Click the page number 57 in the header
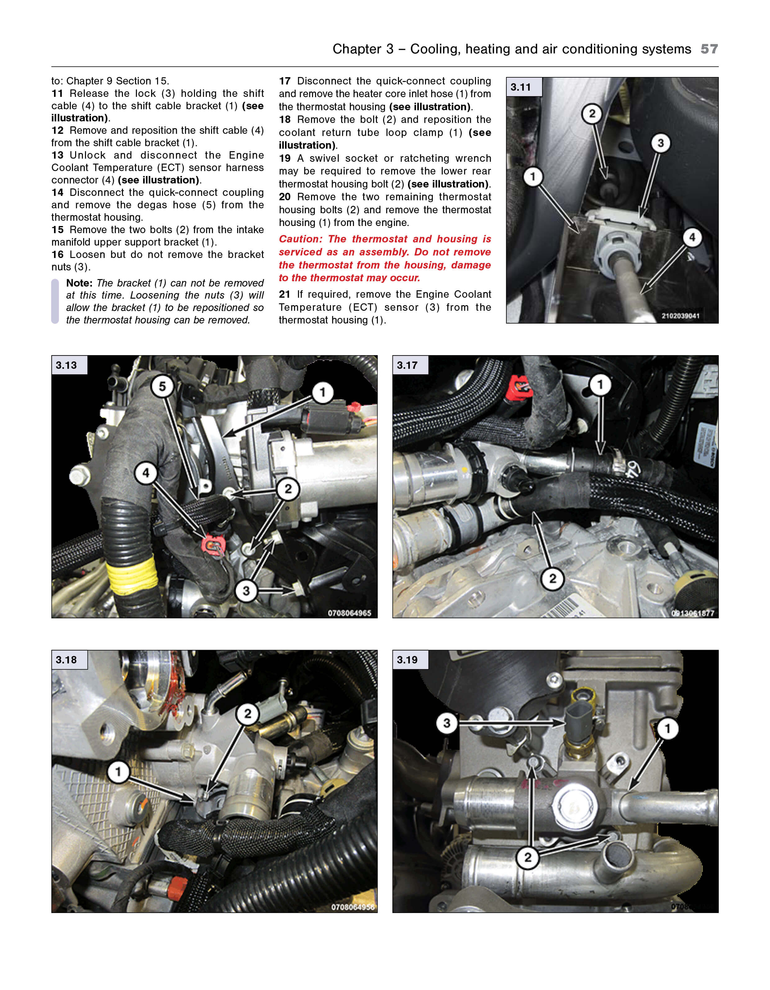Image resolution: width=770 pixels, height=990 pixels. tap(709, 49)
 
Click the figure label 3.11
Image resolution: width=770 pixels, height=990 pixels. tap(521, 87)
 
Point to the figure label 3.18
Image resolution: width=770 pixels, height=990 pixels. tap(66, 660)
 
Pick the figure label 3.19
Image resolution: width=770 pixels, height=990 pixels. tap(407, 660)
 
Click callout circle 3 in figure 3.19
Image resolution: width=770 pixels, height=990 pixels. tap(447, 723)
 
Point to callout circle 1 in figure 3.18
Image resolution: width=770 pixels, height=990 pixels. tap(118, 771)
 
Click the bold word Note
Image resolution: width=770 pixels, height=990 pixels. tap(79, 283)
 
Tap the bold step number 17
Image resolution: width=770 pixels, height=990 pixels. tap(285, 81)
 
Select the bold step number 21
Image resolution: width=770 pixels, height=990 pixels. tap(285, 294)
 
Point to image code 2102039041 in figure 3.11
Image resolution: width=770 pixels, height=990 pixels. tap(680, 316)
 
